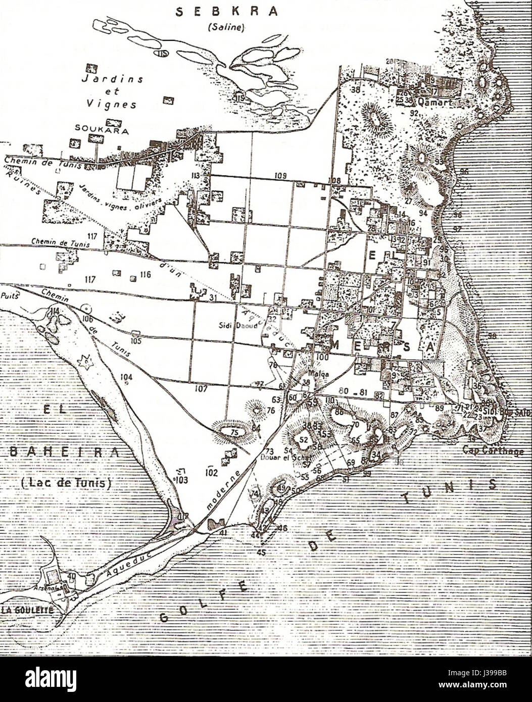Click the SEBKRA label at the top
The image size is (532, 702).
click(227, 12)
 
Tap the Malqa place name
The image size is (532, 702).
click(308, 374)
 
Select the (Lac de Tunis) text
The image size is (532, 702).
click(66, 483)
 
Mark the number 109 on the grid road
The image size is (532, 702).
click(281, 175)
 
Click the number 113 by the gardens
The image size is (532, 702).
click(196, 175)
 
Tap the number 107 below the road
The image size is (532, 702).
click(201, 389)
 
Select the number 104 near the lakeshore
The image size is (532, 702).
click(126, 377)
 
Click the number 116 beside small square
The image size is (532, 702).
click(146, 274)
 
